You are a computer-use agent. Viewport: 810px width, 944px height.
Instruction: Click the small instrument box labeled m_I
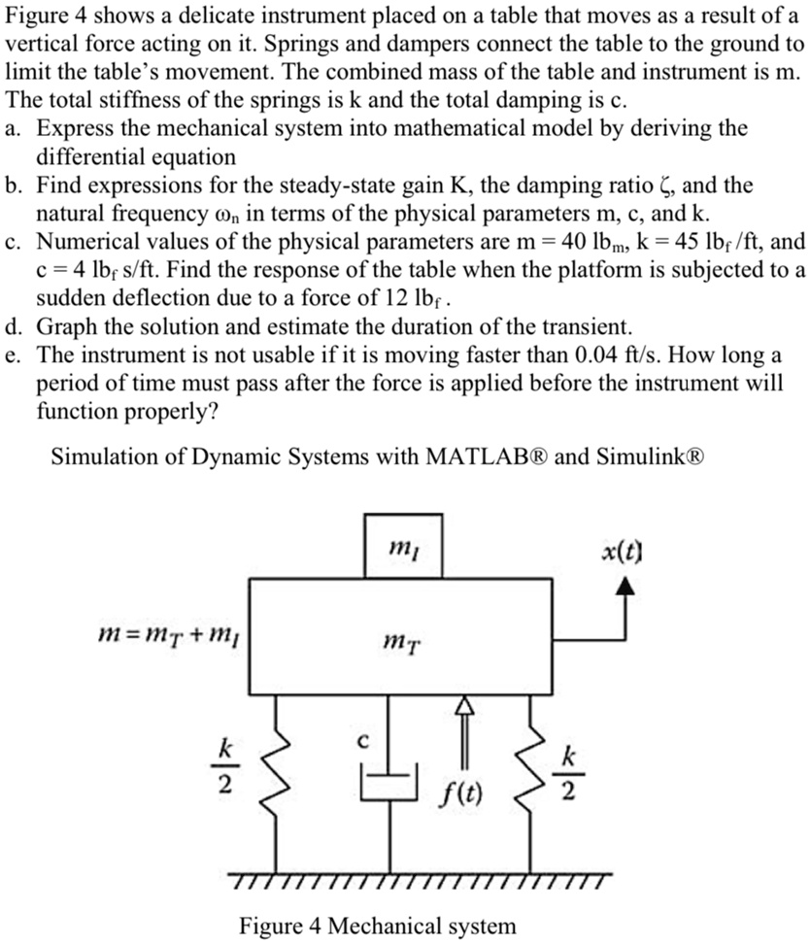403,546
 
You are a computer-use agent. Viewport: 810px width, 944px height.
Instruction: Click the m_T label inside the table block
402,643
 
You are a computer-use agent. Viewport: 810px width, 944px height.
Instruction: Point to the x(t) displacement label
622,551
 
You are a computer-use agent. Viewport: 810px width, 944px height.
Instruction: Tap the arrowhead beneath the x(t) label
625,586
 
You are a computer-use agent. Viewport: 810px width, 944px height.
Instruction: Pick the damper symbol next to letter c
389,783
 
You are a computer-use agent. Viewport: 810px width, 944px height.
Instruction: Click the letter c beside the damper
362,742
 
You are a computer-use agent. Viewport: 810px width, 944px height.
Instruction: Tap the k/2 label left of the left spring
224,766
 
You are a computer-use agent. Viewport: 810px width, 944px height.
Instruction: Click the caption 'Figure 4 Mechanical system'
377,925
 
